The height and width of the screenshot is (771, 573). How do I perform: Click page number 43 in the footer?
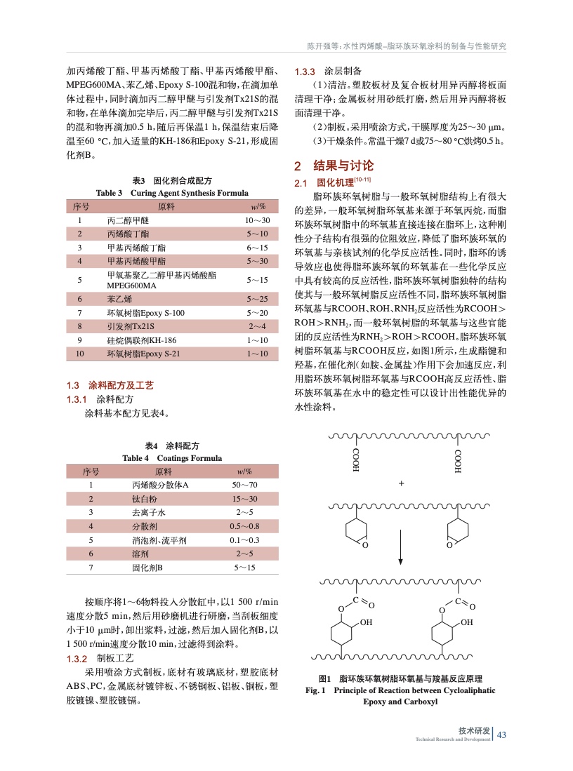click(501, 735)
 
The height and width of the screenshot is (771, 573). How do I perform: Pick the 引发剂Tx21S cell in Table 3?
click(130, 326)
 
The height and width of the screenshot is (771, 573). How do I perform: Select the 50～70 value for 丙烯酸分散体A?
click(245, 485)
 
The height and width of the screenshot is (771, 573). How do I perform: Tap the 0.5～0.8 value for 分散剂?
click(244, 526)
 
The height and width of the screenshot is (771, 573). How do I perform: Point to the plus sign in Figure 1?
click(402, 483)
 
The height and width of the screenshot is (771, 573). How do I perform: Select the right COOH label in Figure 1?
click(457, 460)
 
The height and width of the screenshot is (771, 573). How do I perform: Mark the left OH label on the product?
click(366, 622)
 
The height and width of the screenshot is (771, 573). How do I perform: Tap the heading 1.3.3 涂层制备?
click(328, 72)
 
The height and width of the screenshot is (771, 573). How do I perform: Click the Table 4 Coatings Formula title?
click(172, 458)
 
